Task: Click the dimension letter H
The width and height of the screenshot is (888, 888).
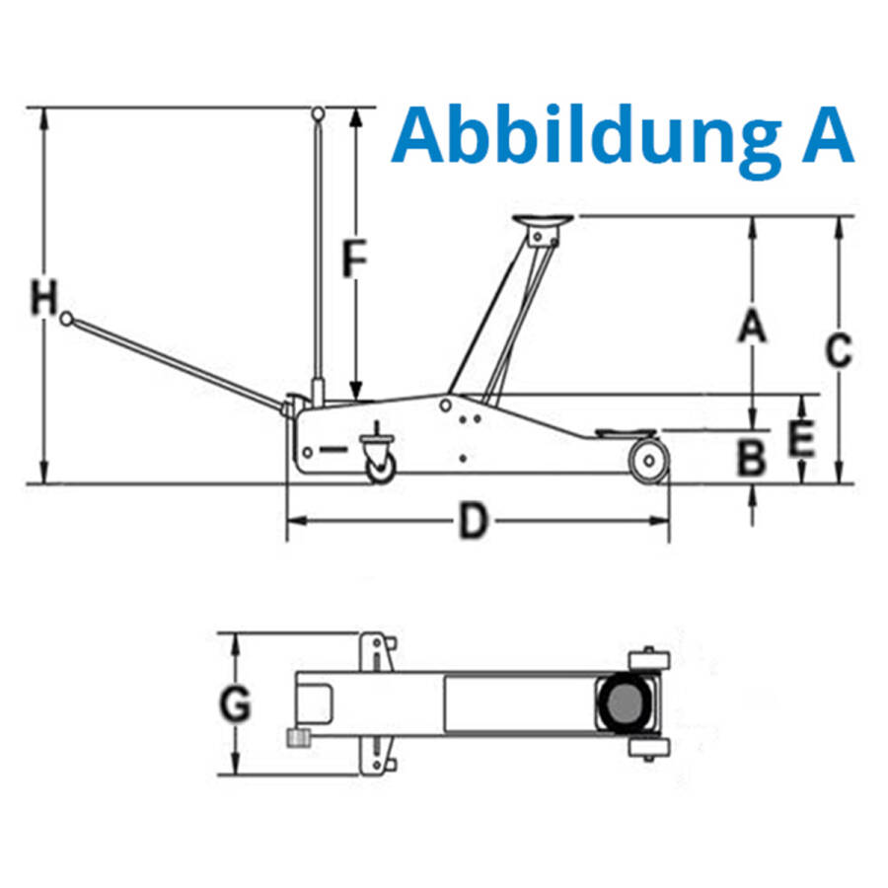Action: [x=44, y=297]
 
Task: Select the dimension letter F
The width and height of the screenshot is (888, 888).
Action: [x=355, y=259]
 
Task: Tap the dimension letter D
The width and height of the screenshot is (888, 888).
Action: [x=473, y=521]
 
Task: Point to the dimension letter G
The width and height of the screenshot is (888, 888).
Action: [x=235, y=703]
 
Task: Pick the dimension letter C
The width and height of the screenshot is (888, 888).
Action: [x=839, y=350]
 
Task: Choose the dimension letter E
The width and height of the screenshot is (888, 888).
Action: [x=801, y=438]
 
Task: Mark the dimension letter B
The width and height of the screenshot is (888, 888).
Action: [x=752, y=458]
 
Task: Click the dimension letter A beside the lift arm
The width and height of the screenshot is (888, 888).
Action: [x=752, y=326]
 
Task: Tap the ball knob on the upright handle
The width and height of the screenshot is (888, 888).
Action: [x=319, y=113]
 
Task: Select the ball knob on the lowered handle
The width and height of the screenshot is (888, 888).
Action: [x=67, y=319]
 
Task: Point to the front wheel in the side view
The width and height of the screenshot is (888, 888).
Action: [x=649, y=461]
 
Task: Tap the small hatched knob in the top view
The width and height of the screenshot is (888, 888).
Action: [x=298, y=738]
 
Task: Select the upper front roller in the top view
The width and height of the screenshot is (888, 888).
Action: [x=649, y=659]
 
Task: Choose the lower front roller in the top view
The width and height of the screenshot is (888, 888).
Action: [x=649, y=748]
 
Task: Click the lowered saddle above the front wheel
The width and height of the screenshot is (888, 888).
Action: [x=626, y=434]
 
